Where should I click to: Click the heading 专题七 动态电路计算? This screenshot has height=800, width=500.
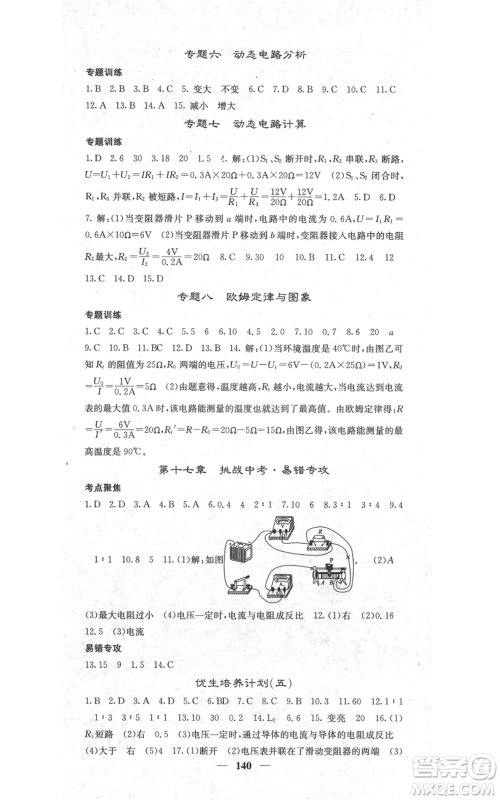[x=250, y=123]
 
